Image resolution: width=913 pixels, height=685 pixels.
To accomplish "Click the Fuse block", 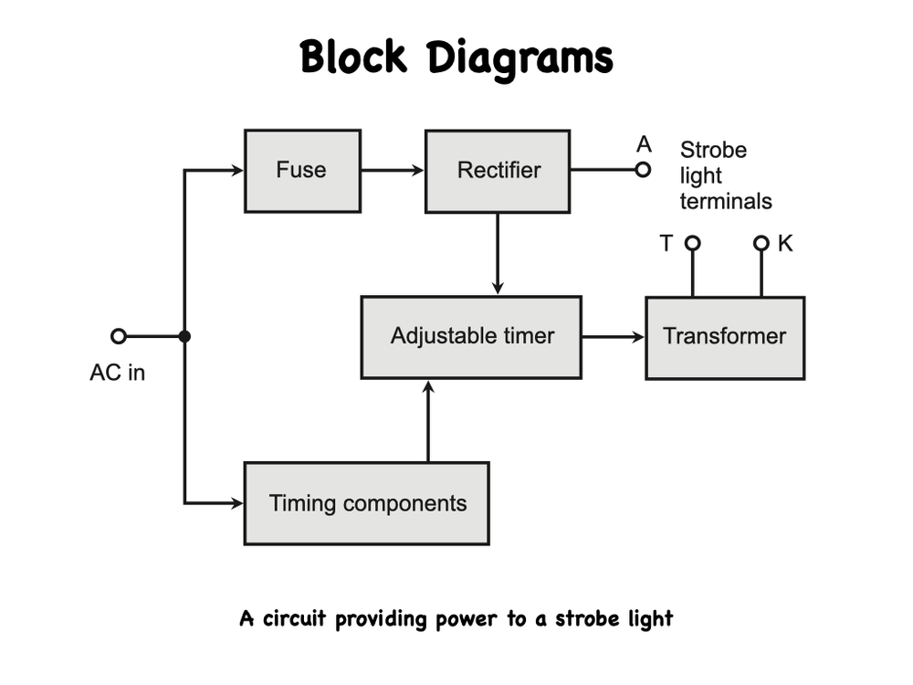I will (302, 171).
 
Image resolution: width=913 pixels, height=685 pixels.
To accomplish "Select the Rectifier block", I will (498, 171).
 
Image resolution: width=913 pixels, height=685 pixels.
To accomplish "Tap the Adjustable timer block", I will (471, 336).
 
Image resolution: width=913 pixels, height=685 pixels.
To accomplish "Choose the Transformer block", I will (725, 337).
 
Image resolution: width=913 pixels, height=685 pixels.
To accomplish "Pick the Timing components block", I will (366, 503).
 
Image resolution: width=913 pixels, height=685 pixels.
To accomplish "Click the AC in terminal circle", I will (118, 336).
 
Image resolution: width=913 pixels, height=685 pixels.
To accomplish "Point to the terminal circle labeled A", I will (644, 169).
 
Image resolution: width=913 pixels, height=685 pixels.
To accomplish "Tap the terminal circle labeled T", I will (692, 243).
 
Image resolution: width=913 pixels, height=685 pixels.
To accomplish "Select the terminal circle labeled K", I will (761, 243).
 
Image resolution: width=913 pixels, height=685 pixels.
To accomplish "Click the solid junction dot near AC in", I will (184, 336).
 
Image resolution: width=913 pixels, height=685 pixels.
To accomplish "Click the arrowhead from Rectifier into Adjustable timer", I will (498, 289).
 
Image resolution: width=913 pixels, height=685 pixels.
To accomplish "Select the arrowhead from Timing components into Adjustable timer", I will (427, 386).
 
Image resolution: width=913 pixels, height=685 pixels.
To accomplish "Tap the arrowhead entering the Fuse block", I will (238, 170).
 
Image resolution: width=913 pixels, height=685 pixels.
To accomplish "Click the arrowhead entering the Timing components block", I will (238, 502).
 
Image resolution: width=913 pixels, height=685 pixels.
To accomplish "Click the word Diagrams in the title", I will (522, 58).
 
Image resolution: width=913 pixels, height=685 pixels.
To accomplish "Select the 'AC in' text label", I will (117, 373).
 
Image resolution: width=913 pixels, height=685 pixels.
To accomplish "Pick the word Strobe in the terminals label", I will (713, 150).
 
